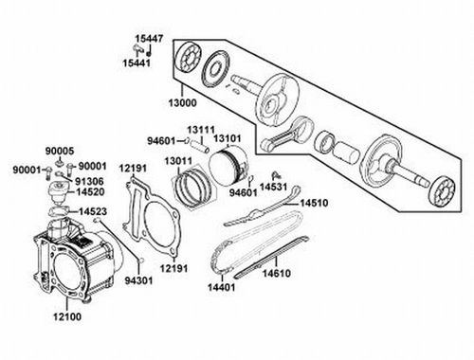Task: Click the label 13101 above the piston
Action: point(228,139)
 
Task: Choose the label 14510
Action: point(314,203)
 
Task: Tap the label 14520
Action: point(91,191)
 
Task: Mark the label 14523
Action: point(91,212)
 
